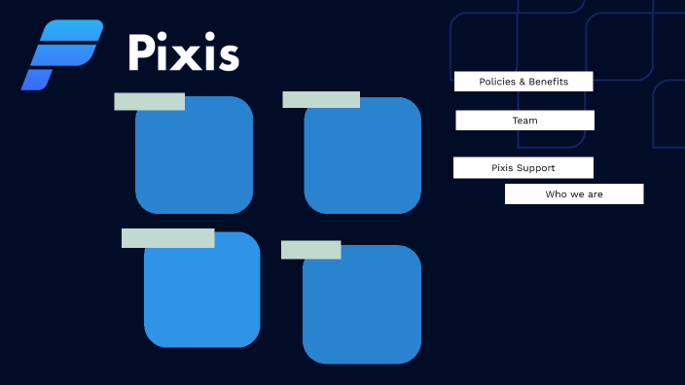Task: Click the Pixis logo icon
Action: tap(60, 54)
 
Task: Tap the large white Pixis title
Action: tap(184, 53)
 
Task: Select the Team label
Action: tap(524, 121)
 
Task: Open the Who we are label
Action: tap(574, 194)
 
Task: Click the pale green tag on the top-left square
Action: tap(149, 101)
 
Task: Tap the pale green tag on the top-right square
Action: tap(321, 99)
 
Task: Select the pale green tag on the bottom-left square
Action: tap(167, 238)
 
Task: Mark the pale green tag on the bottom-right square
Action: tap(310, 250)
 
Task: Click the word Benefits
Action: tap(548, 82)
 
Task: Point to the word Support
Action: tap(536, 168)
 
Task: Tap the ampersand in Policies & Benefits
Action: tap(521, 82)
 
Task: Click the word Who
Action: tap(556, 194)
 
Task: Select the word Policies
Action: tap(497, 82)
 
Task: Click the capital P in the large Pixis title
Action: tap(143, 53)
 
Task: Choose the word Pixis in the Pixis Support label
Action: tap(502, 168)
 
